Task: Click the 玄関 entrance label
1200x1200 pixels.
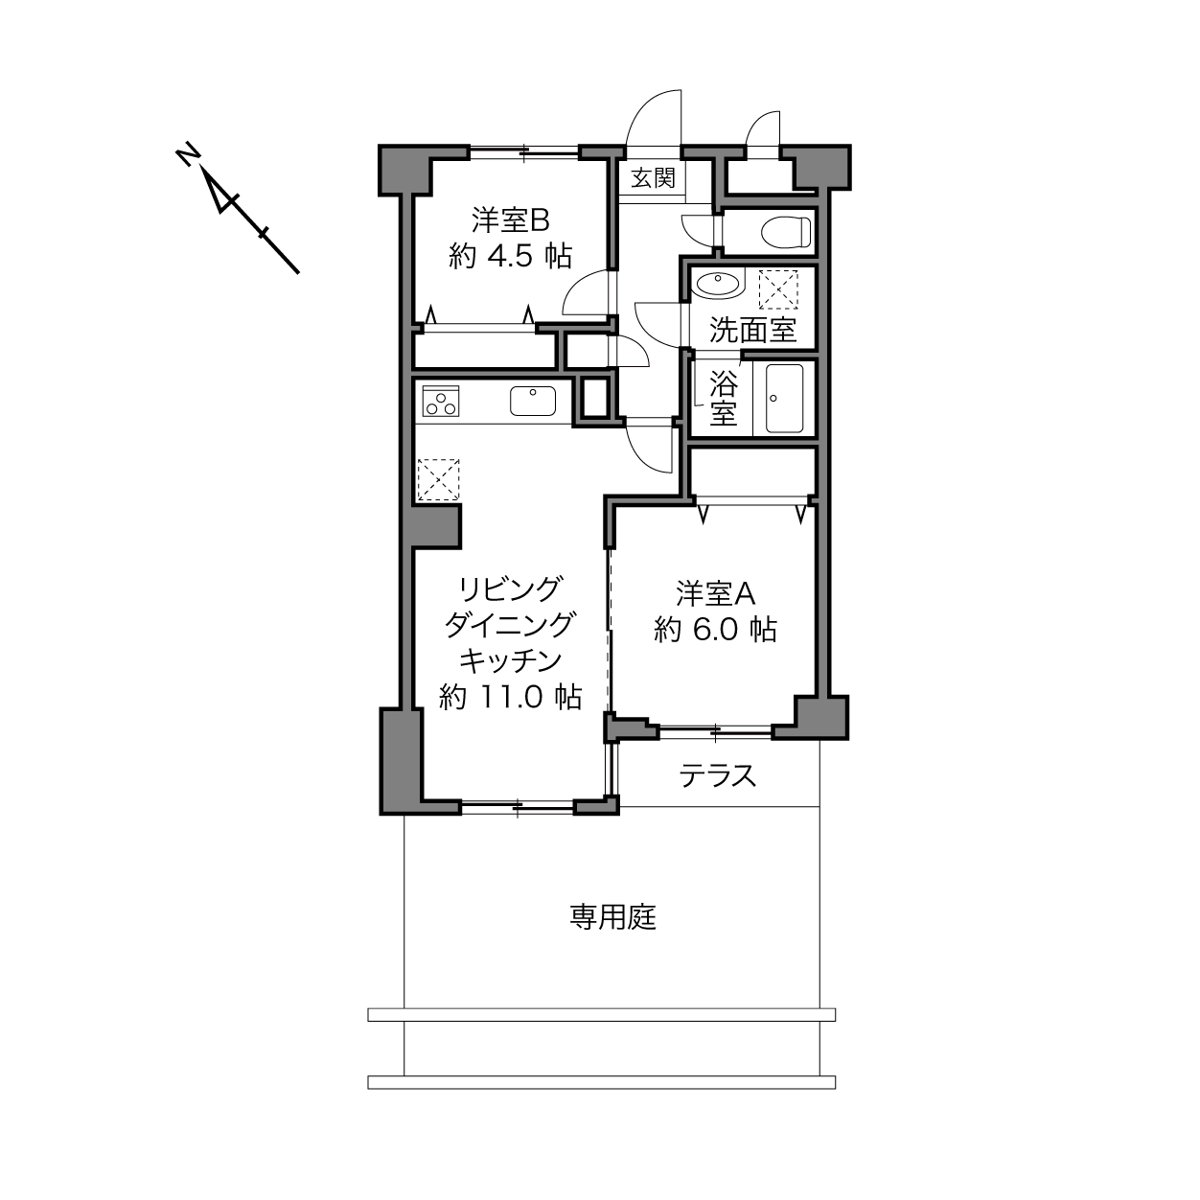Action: pos(653,178)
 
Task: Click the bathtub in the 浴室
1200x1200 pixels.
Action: pos(784,398)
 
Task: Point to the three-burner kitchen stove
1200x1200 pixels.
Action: pos(441,401)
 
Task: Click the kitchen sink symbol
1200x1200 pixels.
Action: pos(533,401)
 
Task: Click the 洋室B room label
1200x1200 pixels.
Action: pos(511,219)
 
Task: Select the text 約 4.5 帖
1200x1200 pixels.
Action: pos(511,255)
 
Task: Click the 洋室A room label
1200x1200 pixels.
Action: pos(716,593)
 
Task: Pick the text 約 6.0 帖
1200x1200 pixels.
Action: pos(716,630)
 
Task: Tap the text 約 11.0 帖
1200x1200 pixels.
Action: pos(511,697)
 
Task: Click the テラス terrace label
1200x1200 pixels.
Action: pos(717,776)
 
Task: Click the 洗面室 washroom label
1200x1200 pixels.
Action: pos(753,330)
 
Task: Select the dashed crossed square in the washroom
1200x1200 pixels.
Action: pos(778,288)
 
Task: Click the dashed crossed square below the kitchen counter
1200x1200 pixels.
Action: pos(438,479)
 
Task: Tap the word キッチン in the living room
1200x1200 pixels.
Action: pos(511,660)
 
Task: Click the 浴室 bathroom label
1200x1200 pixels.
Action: pos(724,398)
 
